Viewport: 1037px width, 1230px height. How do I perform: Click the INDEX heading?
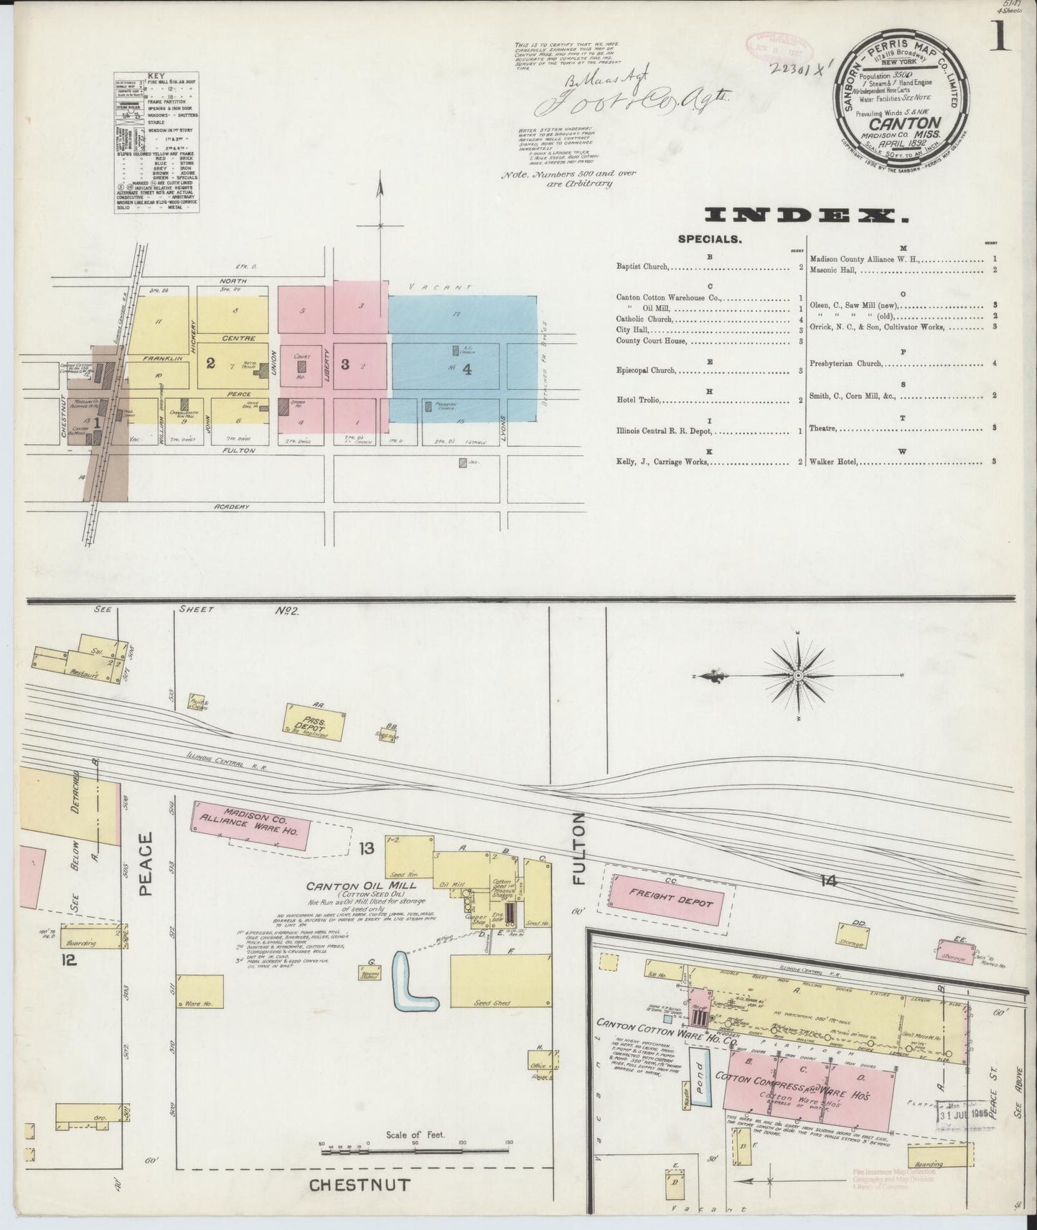(x=802, y=215)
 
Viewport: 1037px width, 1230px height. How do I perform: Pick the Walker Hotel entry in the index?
(x=834, y=461)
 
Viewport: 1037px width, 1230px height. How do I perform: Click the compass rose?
(x=798, y=676)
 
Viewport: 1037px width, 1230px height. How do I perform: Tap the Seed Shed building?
(x=492, y=981)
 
